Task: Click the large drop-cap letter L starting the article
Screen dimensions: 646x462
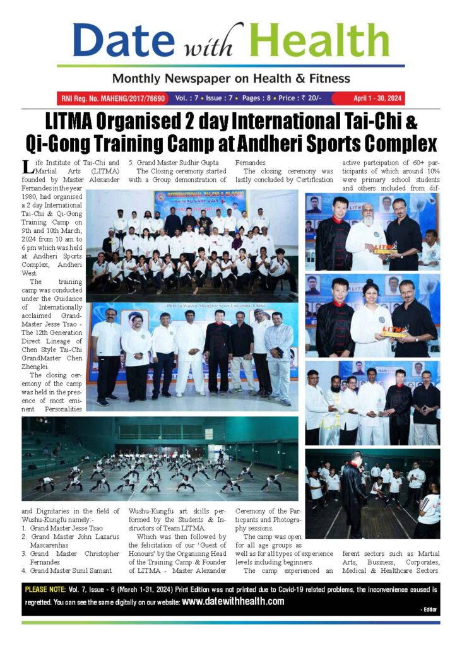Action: click(27, 167)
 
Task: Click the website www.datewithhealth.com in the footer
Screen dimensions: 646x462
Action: click(233, 601)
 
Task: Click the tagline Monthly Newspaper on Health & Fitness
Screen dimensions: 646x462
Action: click(230, 78)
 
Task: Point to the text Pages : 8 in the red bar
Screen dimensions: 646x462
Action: click(264, 98)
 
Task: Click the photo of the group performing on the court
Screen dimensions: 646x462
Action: click(160, 459)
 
